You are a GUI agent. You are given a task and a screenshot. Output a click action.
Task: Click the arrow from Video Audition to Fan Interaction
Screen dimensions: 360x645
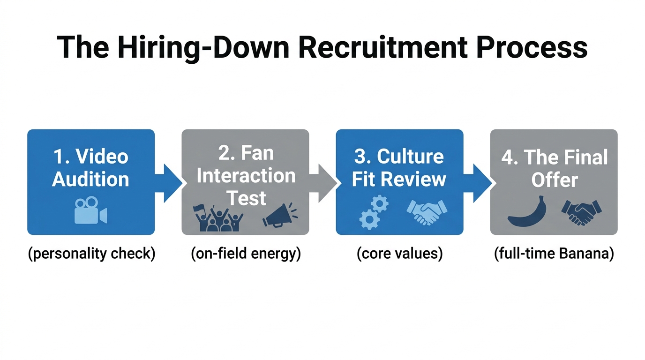coord(170,183)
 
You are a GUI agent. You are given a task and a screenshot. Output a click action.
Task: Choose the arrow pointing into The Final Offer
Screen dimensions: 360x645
coord(479,183)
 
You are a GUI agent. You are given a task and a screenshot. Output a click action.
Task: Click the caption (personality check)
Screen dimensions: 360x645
coord(91,254)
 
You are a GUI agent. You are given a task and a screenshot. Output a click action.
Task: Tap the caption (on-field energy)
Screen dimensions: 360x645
coord(246,254)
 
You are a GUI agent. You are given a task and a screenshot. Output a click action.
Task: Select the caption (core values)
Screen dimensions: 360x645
coord(399,254)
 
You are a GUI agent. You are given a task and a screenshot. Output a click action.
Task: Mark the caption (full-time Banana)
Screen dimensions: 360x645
coord(554,254)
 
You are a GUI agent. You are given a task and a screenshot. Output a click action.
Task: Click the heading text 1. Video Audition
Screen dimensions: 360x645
coord(90,167)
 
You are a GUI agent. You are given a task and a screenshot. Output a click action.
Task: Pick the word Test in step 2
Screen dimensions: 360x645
coord(246,198)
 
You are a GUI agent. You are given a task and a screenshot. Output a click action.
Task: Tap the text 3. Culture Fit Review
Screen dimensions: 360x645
coord(399,167)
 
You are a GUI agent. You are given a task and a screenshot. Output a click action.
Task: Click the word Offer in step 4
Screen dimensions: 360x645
coord(554,180)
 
